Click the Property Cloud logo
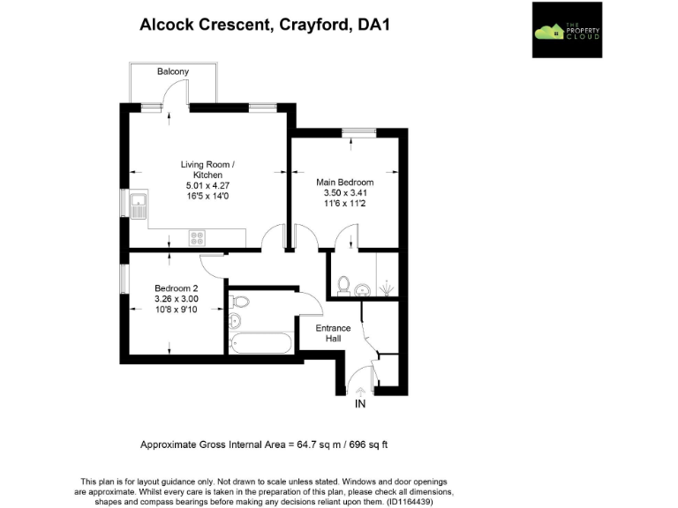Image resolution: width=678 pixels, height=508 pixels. [x=566, y=30]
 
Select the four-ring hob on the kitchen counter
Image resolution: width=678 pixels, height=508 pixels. [x=198, y=237]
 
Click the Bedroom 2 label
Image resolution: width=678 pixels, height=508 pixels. [x=177, y=288]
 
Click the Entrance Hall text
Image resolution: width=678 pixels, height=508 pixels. [x=334, y=333]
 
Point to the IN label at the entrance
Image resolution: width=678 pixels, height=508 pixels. [x=359, y=404]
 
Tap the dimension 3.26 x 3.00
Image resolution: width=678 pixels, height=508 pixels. [x=177, y=299]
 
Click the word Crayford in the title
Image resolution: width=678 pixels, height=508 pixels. [x=316, y=25]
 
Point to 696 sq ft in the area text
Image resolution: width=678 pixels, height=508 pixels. [x=364, y=444]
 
